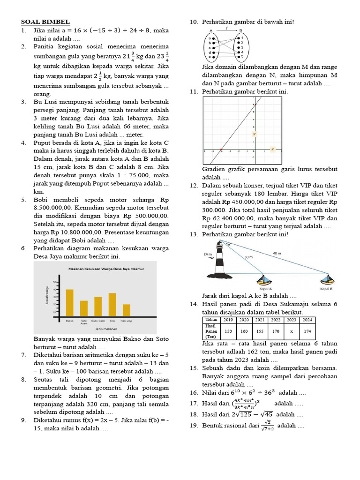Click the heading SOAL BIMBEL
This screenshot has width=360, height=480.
click(x=45, y=22)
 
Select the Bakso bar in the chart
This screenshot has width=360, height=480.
click(x=69, y=302)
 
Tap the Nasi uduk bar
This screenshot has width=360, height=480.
click(x=127, y=310)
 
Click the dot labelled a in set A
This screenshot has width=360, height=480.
click(x=214, y=38)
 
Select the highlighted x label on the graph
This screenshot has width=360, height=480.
click(x=272, y=150)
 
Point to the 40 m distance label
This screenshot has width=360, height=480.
click(x=277, y=253)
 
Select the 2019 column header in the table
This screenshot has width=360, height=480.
click(x=228, y=320)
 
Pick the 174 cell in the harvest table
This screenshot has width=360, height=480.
click(x=307, y=330)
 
